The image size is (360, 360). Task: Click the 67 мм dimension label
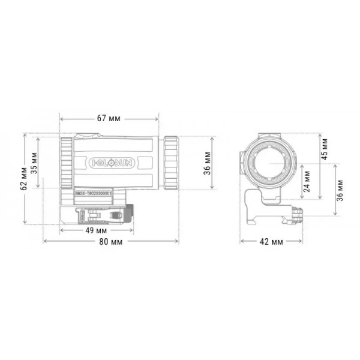109,118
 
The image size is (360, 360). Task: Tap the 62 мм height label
23,179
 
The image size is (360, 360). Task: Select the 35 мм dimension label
34,162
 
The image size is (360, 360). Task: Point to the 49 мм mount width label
96,230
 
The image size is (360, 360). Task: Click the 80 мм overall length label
112,242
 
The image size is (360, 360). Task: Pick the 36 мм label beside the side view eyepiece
207,163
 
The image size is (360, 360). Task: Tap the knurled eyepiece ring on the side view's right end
170,162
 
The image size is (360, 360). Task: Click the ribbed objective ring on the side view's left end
67,162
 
